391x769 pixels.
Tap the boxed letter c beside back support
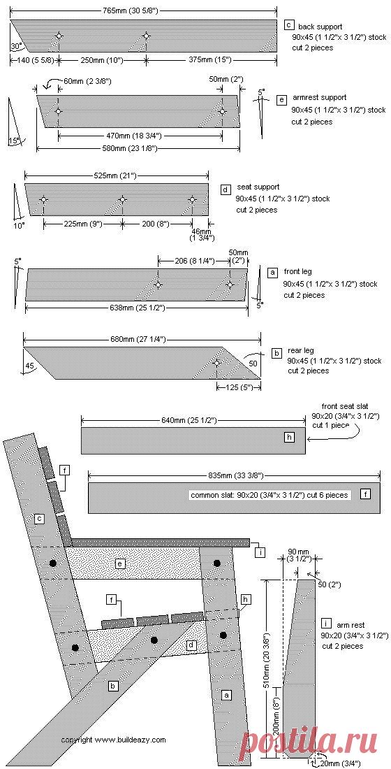coord(290,24)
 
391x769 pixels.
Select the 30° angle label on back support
coord(15,45)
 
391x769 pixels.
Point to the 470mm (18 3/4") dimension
coord(140,134)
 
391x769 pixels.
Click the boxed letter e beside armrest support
coord(281,100)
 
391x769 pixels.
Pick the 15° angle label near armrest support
coord(15,141)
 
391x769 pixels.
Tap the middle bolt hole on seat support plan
coord(122,199)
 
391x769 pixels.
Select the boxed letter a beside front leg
coord(272,272)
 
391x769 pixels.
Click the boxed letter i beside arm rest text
coord(325,624)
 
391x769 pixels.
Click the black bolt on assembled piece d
coord(154,640)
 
